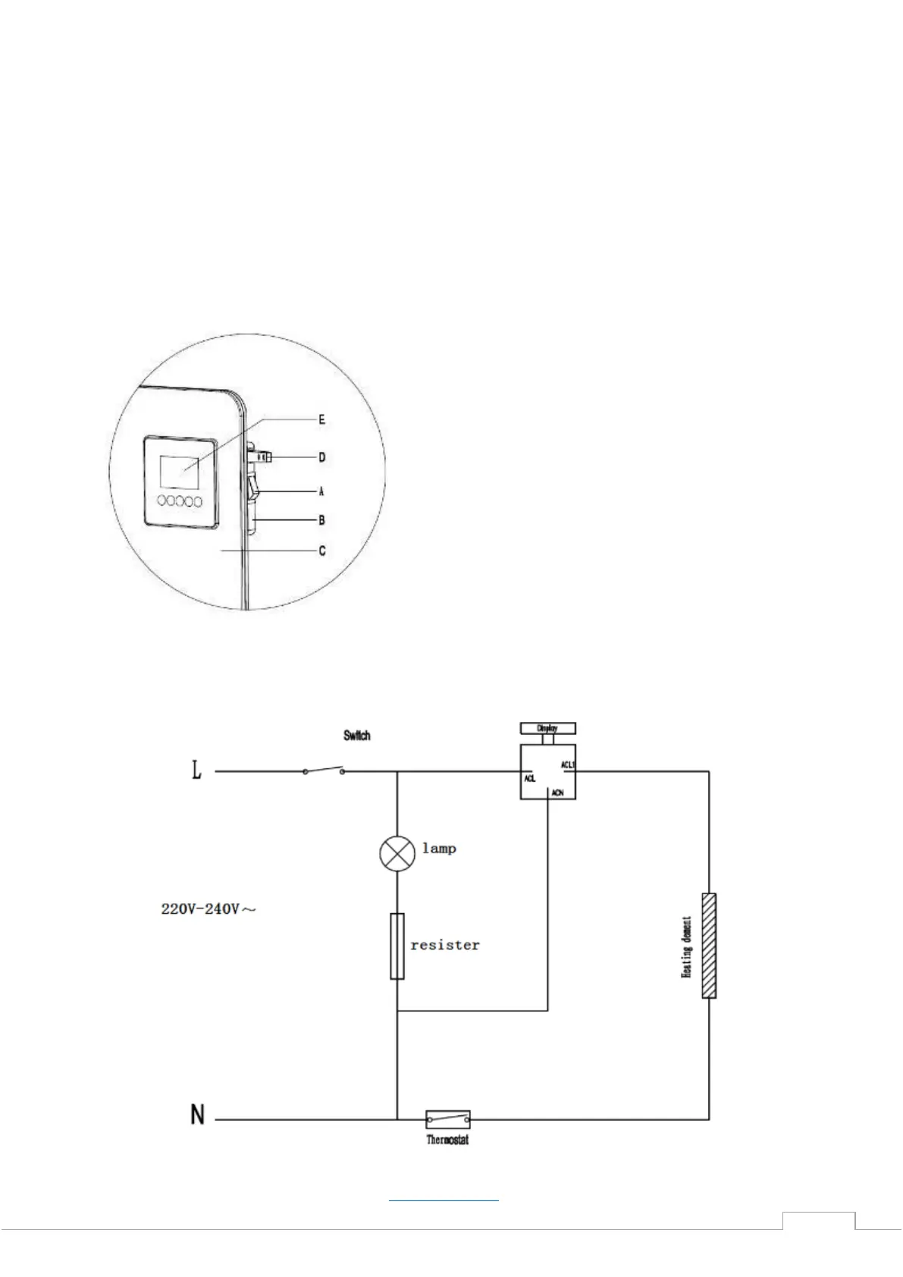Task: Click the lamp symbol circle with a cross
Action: (397, 854)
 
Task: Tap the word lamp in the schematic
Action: (439, 849)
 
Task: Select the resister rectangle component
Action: (397, 946)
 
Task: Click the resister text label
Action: (445, 946)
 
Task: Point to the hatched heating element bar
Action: (708, 946)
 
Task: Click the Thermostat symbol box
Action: (447, 1119)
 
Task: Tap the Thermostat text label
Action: (447, 1140)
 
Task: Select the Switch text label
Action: (356, 736)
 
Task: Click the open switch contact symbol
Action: (324, 770)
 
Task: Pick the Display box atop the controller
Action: (547, 728)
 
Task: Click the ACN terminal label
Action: (558, 792)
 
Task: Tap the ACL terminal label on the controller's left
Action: (530, 778)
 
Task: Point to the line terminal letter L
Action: (197, 772)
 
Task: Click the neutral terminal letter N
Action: (198, 1115)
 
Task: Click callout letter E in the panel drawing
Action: (321, 419)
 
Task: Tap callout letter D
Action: (321, 457)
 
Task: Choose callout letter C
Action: (322, 551)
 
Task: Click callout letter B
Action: (321, 520)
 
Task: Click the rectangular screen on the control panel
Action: (180, 472)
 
